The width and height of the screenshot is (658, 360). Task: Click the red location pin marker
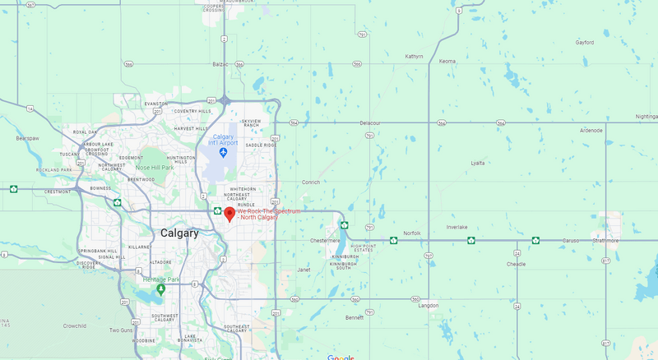click(229, 215)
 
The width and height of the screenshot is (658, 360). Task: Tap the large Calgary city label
click(179, 233)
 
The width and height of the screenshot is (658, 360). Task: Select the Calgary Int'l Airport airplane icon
click(223, 152)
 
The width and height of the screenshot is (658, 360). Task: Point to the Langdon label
click(429, 305)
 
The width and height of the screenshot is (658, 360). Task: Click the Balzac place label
click(220, 64)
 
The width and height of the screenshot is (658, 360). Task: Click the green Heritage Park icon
click(160, 288)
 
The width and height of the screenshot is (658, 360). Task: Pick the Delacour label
click(370, 123)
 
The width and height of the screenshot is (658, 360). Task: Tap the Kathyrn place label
click(414, 57)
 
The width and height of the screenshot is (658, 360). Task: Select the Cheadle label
click(516, 265)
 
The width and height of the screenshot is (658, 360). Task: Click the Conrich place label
click(310, 182)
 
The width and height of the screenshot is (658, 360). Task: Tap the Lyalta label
click(477, 164)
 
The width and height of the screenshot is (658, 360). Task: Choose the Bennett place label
click(354, 317)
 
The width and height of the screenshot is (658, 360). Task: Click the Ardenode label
click(591, 130)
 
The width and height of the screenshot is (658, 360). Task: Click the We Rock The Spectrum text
click(269, 211)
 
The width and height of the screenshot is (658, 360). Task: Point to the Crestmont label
click(57, 192)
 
